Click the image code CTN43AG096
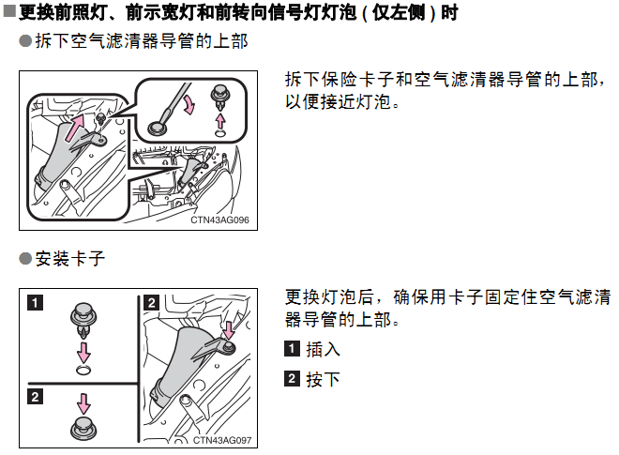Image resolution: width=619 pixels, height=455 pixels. pos(219,220)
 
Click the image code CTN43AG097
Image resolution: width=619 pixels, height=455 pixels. pos(222,440)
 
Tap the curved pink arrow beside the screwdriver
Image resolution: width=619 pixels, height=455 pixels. pos(189,105)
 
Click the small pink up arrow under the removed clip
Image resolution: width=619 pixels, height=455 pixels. pos(220,120)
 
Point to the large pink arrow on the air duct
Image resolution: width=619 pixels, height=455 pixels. pos(75,128)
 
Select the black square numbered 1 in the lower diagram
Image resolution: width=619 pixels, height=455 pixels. pos(35,303)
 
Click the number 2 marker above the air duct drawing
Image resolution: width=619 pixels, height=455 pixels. pos(151,302)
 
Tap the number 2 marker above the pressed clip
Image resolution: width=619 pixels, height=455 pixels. pos(35,396)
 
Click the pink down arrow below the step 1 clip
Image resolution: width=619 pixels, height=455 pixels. pos(83,353)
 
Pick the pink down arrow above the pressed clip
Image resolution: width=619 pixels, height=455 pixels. pos(83,402)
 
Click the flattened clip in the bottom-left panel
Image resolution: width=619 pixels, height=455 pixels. pos(83,429)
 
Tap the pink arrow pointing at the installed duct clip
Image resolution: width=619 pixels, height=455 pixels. pos(229,330)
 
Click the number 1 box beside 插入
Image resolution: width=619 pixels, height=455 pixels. pos(292,349)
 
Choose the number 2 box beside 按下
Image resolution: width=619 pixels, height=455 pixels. pos(292,378)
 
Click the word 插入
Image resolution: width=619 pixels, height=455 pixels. pos(323,349)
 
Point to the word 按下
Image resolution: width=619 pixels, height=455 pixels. pos(323,379)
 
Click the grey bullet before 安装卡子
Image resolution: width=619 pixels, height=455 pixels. pos(25,259)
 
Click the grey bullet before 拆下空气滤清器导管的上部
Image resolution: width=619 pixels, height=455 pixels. pos(25,40)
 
